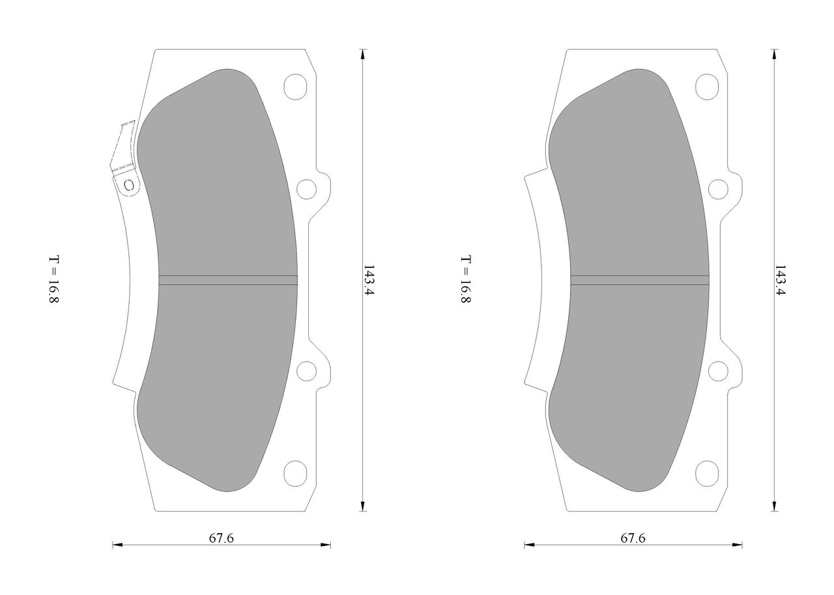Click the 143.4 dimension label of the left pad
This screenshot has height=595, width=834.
[x=369, y=280]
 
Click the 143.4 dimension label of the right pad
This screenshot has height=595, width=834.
[x=780, y=280]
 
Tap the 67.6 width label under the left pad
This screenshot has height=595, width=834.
[x=221, y=538]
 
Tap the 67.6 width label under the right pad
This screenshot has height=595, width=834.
[x=633, y=538]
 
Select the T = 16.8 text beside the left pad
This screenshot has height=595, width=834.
[x=54, y=280]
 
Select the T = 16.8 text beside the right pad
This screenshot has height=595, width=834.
[x=465, y=280]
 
